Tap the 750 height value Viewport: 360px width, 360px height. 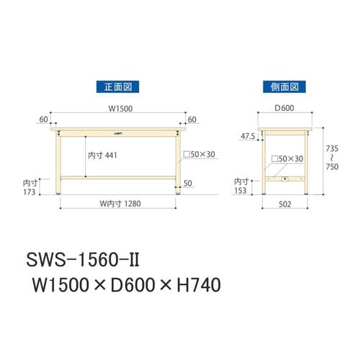332,165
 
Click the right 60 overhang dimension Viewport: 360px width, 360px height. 192,118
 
